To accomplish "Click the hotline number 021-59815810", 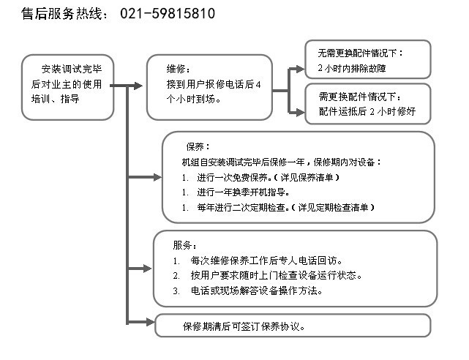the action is [x=168, y=13].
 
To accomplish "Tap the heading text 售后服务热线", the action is [x=61, y=14].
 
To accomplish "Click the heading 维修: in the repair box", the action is [x=179, y=70].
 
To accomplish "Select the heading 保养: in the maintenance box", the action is [x=198, y=147].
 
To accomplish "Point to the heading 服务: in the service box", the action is [x=184, y=245].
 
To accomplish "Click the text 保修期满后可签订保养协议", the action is [x=244, y=326].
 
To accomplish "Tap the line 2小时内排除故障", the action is [x=352, y=69].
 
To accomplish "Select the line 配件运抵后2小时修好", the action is [x=367, y=111].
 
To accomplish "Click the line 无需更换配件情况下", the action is [x=361, y=53].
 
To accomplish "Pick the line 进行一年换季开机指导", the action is [x=243, y=192].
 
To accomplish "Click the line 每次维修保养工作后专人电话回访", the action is [x=266, y=260].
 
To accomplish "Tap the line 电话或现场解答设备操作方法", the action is [x=256, y=290].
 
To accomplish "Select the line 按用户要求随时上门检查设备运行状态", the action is [x=277, y=275].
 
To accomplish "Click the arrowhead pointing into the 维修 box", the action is [x=138, y=86].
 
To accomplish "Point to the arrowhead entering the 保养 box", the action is [x=157, y=177].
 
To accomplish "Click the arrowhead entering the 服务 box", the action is [x=148, y=269].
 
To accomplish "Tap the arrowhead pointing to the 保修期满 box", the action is [x=151, y=322].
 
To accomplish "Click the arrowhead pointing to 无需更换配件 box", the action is [x=300, y=69].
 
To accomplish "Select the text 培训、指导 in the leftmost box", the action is [x=56, y=99].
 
